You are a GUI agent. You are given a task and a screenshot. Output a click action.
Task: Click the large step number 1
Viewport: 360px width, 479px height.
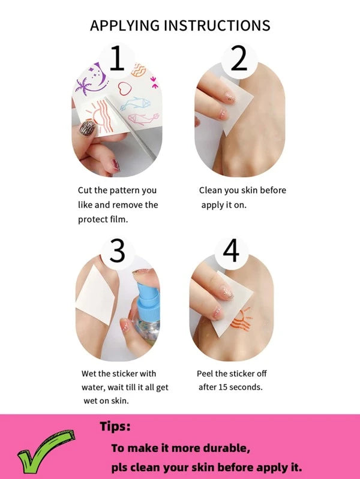point(117,58)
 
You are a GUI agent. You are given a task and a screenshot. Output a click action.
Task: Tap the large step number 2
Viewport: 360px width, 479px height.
point(239,58)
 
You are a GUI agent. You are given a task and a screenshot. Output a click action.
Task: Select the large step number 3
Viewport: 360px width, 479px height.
point(118,251)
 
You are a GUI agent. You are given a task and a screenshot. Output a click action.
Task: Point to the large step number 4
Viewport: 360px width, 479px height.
point(231,251)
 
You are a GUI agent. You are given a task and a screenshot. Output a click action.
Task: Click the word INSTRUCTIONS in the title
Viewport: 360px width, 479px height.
point(217,26)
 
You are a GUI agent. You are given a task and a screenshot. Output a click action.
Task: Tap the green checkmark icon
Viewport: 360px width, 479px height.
point(46,451)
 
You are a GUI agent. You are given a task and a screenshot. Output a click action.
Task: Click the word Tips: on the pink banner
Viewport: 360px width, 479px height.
point(115,426)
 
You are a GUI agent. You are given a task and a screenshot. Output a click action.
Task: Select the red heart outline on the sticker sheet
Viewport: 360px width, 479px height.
point(125,89)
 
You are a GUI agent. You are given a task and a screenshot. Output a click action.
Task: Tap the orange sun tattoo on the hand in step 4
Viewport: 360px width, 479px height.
point(242,320)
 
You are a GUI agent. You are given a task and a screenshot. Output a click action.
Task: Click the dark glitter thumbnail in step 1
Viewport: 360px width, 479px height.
point(88,128)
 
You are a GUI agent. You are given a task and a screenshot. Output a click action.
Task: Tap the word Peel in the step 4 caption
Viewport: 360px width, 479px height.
point(205,373)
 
